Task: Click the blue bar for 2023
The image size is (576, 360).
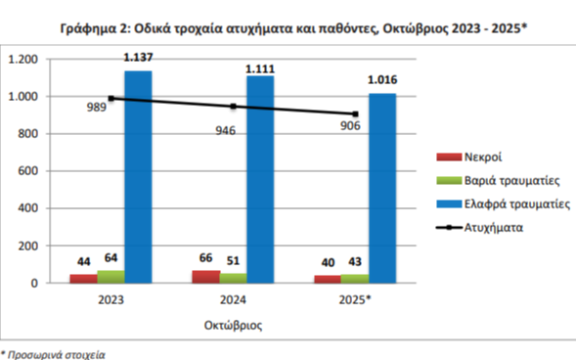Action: pyautogui.click(x=138, y=176)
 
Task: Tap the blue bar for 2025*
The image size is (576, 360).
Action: pyautogui.click(x=382, y=188)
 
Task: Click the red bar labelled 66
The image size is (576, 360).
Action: pyautogui.click(x=206, y=277)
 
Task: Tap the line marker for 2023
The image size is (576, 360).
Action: pyautogui.click(x=111, y=98)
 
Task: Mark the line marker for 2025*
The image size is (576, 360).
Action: pyautogui.click(x=356, y=113)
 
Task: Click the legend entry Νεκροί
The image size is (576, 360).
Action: pyautogui.click(x=483, y=156)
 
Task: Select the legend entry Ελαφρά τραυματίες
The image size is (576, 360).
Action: pyautogui.click(x=516, y=204)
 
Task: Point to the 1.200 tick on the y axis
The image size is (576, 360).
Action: pyautogui.click(x=23, y=60)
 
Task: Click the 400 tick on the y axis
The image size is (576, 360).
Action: pyautogui.click(x=29, y=208)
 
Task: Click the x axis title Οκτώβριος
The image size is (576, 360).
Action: pyautogui.click(x=233, y=321)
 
